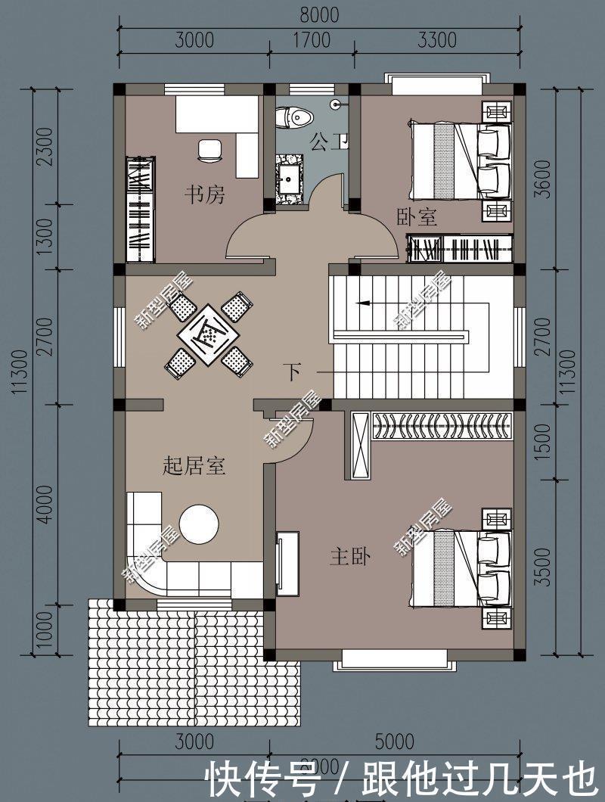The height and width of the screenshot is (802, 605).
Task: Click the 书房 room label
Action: tap(205, 195)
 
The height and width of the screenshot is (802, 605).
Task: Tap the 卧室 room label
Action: tap(417, 217)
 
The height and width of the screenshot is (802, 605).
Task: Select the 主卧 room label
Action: tap(349, 558)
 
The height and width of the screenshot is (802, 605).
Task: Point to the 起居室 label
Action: tap(194, 465)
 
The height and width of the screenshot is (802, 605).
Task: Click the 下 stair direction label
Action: tap(293, 371)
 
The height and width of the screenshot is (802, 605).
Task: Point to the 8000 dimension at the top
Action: tap(318, 14)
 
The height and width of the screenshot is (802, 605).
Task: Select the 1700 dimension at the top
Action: tap(312, 39)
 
